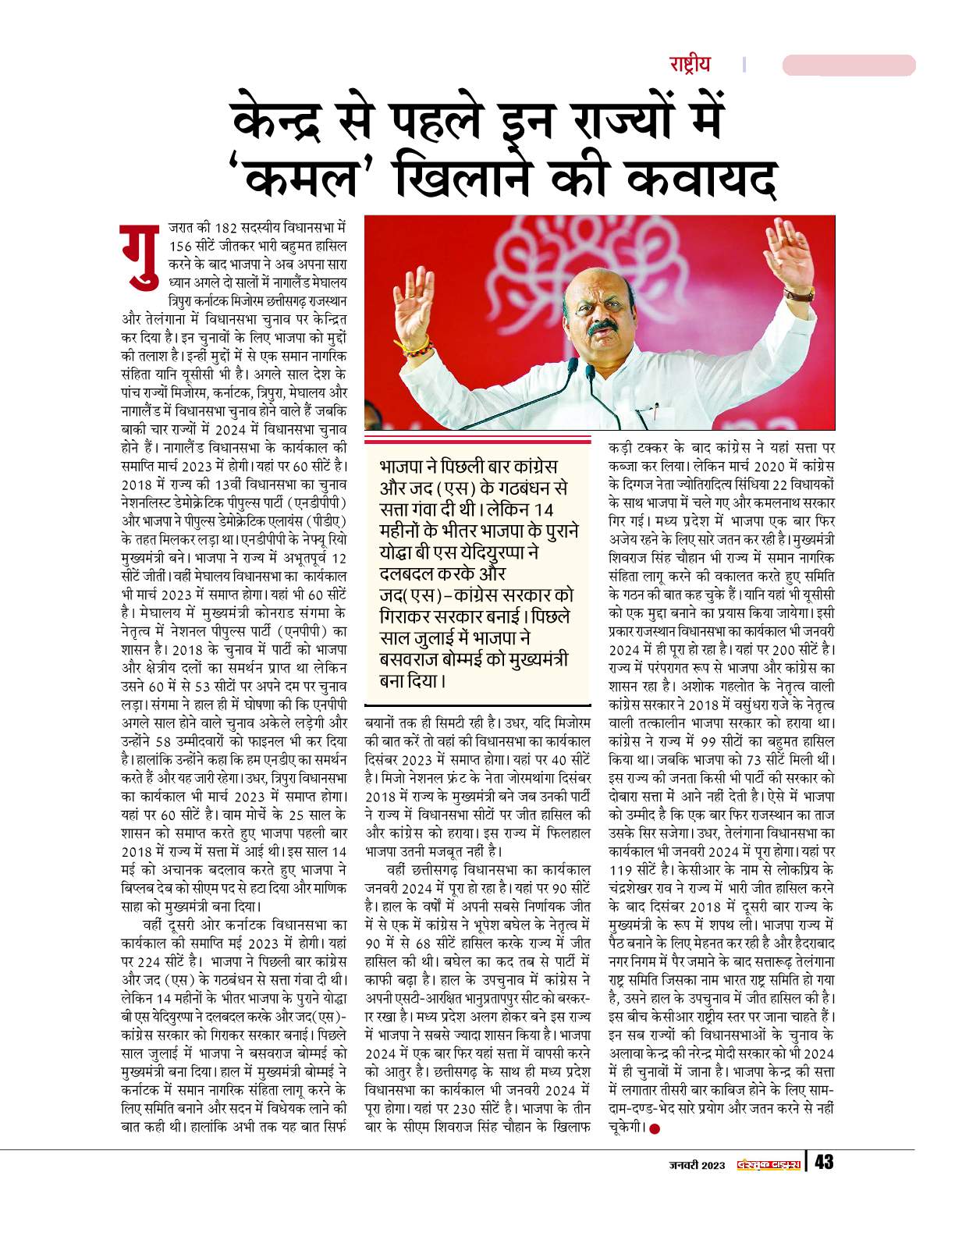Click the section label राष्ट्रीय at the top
[x=689, y=64]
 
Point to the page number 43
[x=824, y=1163]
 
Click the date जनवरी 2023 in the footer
[x=697, y=1165]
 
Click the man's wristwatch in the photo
[x=799, y=293]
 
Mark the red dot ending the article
[x=655, y=1128]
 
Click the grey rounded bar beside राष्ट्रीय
[x=848, y=65]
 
